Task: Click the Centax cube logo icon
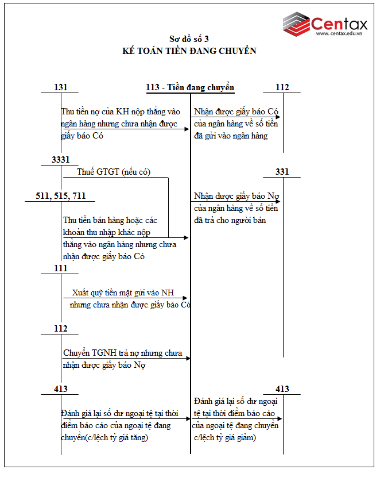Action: (296, 24)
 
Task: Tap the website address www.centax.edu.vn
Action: (343, 34)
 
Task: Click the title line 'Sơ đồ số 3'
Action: (189, 39)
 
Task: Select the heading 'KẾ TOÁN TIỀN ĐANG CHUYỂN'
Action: (189, 51)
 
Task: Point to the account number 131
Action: (60, 87)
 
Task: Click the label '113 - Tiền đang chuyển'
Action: (190, 87)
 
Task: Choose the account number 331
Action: (282, 171)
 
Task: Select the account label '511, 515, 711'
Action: (60, 196)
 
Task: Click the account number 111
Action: (60, 268)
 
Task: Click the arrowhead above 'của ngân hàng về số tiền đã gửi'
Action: (278, 117)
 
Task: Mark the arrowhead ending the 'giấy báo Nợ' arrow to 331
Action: (278, 201)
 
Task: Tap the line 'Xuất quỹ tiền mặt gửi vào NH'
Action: (123, 293)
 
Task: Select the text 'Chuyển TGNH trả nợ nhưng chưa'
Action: (123, 353)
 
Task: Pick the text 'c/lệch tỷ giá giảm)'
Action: (225, 437)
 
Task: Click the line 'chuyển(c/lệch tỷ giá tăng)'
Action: (104, 437)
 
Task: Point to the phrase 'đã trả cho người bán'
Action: (230, 220)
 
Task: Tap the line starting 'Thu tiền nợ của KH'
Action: (121, 111)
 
